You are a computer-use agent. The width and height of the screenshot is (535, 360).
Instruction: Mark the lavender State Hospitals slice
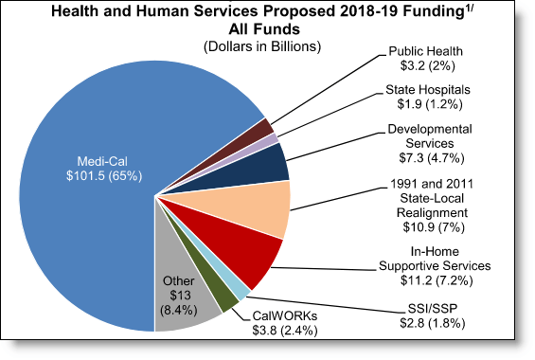(x=271, y=140)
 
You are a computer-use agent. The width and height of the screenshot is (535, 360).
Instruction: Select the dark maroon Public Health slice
(x=267, y=128)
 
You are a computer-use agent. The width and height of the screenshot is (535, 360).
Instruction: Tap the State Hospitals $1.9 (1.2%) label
(x=425, y=98)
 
